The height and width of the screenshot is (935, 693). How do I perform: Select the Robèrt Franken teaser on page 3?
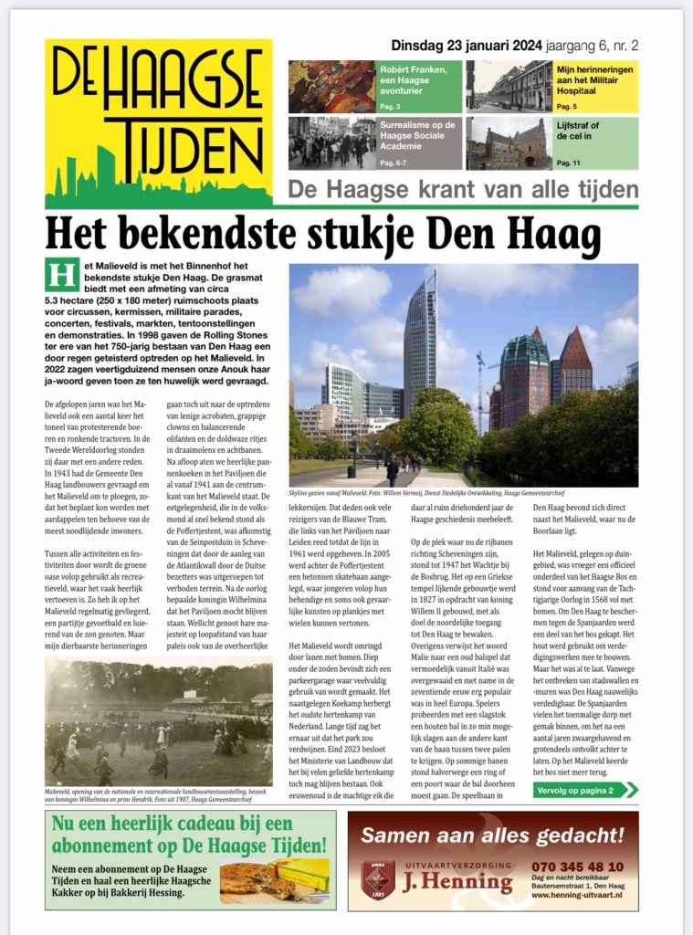(375, 86)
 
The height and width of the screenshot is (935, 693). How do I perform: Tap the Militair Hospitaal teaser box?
(552, 86)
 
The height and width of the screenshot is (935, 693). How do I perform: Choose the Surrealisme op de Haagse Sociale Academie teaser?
(375, 142)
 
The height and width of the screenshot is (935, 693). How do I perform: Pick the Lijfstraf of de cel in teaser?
(552, 142)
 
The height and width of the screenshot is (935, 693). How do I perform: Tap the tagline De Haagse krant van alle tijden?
(463, 190)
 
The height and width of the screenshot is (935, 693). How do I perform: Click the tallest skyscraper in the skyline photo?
(420, 338)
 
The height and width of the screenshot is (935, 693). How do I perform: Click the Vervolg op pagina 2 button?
(585, 789)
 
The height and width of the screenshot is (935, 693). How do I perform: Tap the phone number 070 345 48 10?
(577, 866)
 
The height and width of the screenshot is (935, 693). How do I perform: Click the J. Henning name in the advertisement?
(458, 881)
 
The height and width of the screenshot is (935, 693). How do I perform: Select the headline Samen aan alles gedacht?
(493, 834)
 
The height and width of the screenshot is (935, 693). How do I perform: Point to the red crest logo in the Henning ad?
(377, 877)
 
